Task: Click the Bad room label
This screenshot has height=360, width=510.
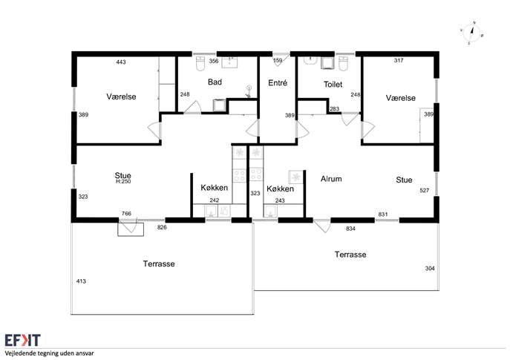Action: [215, 82]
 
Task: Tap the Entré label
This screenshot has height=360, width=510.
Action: [278, 83]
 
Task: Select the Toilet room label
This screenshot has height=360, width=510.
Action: [333, 85]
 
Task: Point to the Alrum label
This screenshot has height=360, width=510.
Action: [331, 179]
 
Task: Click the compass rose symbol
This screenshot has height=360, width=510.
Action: [472, 33]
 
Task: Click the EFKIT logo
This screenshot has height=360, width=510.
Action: [23, 340]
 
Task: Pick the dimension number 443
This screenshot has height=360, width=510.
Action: [121, 62]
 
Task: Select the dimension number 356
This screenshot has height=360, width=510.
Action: [213, 61]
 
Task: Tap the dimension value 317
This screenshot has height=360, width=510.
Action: [399, 60]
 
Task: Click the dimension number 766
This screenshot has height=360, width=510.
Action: [126, 214]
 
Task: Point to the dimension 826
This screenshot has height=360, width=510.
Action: [162, 227]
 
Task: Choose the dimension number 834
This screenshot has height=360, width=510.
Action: [350, 229]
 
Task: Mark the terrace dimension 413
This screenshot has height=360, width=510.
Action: [81, 281]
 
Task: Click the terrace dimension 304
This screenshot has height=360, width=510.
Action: [430, 268]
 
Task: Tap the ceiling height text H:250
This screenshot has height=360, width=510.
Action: [123, 181]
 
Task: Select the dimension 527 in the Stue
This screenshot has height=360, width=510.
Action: [425, 191]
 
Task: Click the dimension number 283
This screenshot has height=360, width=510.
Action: [334, 109]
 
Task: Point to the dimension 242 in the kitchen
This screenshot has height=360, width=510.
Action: [215, 200]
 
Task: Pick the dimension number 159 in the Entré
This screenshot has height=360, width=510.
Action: [278, 60]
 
